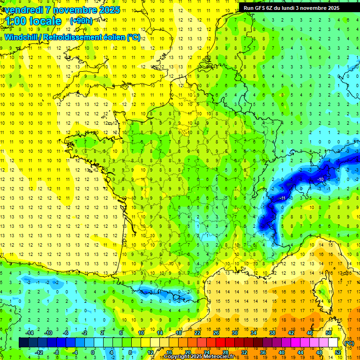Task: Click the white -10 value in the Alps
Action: point(320,180)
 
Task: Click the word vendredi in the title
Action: point(27,10)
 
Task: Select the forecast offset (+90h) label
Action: point(81,21)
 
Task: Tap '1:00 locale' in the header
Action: point(34,21)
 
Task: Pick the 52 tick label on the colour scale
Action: point(337,352)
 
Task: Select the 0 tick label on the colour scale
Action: point(92,352)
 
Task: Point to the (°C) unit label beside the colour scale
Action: point(349,343)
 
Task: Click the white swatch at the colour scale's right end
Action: point(333,343)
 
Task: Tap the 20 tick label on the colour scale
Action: point(187,352)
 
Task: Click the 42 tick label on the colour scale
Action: point(291,333)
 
